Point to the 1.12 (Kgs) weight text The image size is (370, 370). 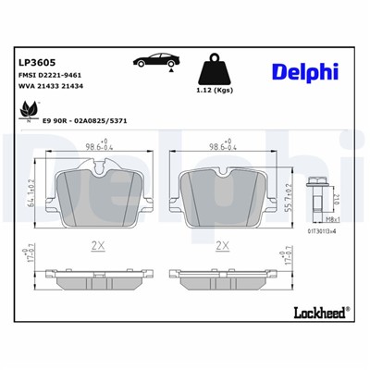[x=216, y=92]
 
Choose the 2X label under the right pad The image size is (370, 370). [x=221, y=245]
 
